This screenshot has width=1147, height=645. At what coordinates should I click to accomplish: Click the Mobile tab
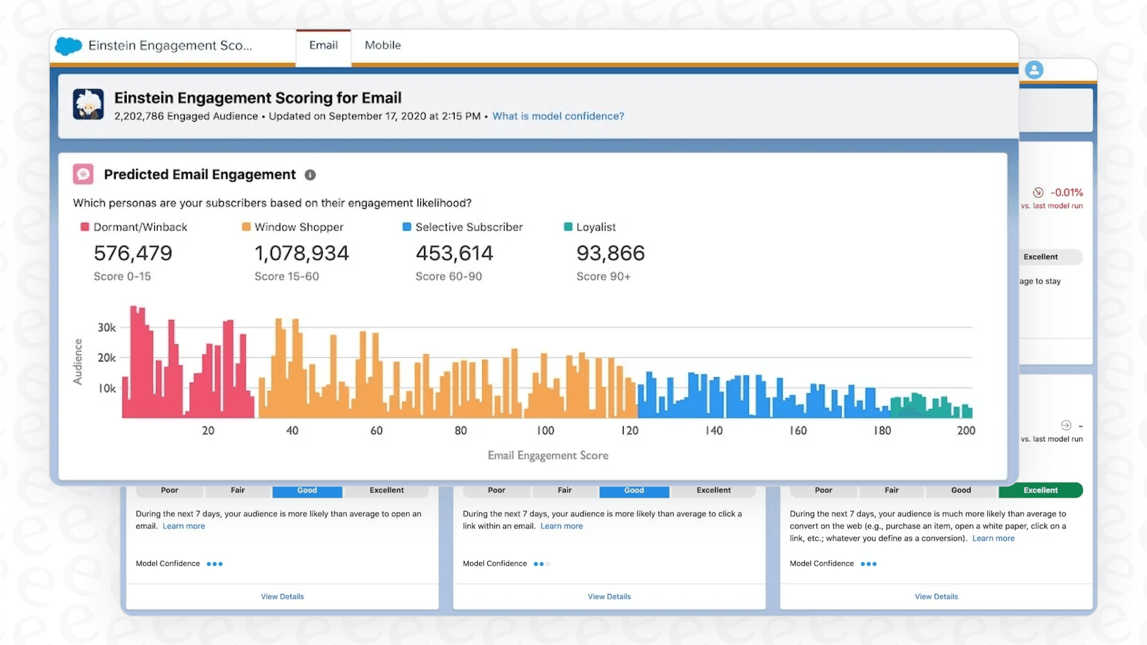tap(382, 45)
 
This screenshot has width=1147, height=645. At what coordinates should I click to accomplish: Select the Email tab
tap(323, 45)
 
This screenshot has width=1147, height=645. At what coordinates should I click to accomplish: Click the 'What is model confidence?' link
tap(558, 116)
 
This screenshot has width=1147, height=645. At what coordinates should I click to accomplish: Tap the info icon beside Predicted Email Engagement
tap(310, 175)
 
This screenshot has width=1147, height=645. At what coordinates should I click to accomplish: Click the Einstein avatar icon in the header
tap(88, 104)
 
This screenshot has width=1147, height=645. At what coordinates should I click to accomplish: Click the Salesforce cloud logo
tap(68, 46)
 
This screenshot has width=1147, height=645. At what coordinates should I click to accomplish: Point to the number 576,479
tap(132, 253)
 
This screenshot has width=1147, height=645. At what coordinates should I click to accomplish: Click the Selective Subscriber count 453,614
tap(454, 253)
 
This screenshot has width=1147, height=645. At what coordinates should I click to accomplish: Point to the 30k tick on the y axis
tap(107, 328)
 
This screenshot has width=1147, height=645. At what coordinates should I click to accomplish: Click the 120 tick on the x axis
tap(629, 431)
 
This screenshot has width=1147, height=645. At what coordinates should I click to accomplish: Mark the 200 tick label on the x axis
tap(965, 431)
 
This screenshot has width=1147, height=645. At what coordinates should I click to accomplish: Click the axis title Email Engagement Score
tap(548, 455)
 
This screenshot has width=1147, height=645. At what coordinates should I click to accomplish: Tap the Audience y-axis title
tap(78, 362)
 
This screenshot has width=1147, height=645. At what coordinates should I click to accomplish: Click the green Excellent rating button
tap(1040, 490)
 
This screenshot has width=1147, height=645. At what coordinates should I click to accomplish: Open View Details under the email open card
tap(282, 597)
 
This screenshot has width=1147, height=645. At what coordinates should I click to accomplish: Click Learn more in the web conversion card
tap(993, 539)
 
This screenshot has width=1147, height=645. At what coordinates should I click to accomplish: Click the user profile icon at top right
tap(1034, 70)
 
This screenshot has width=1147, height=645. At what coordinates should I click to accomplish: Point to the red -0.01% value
tap(1066, 192)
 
